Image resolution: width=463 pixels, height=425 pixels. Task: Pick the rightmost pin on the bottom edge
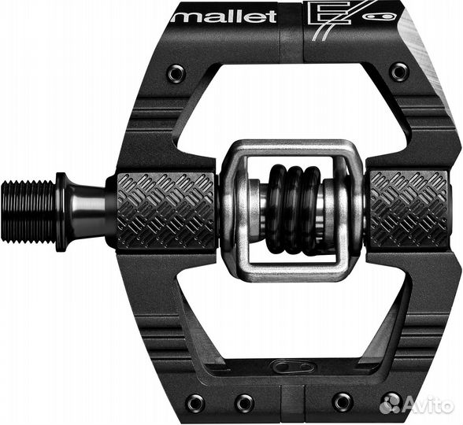tap(391, 401)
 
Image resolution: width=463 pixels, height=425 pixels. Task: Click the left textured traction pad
tap(166, 211)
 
